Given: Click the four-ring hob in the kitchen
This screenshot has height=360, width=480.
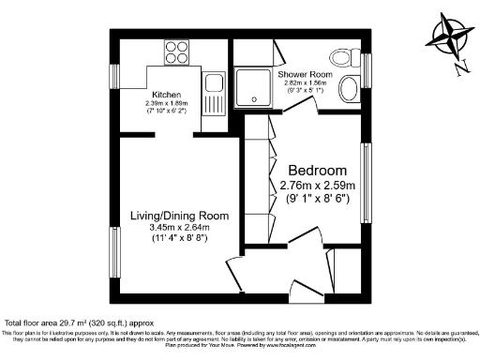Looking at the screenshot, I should [x=177, y=52].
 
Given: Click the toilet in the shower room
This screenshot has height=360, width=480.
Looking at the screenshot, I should [x=348, y=90].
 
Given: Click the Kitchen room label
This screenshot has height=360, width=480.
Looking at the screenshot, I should [x=167, y=94].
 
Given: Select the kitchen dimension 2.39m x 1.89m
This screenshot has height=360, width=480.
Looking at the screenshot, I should [x=167, y=103].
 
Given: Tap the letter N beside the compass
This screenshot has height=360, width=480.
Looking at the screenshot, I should [x=458, y=67].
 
